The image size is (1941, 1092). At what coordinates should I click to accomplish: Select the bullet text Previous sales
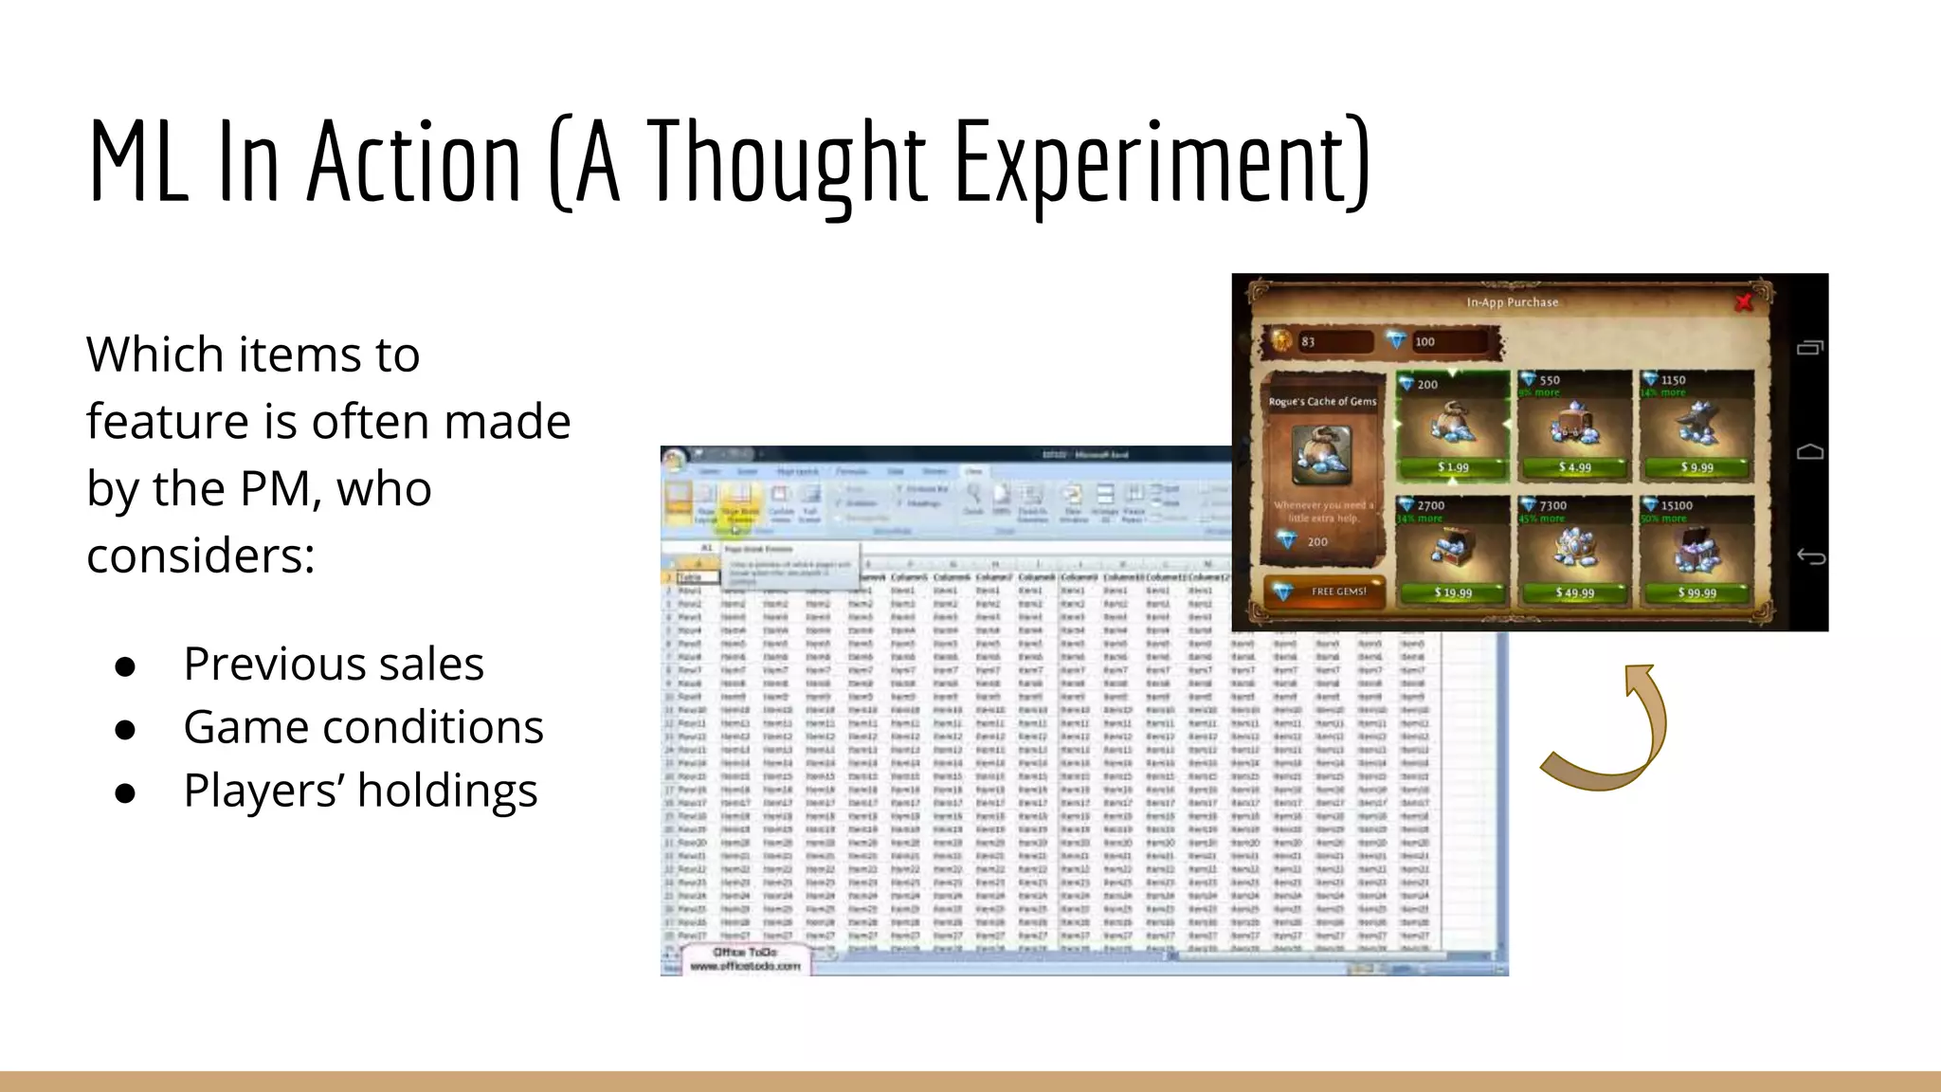click(334, 664)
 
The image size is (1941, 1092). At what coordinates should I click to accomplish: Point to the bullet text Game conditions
click(363, 727)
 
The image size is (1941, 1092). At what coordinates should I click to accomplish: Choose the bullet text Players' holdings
click(360, 791)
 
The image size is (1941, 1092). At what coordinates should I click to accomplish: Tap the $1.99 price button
click(1453, 467)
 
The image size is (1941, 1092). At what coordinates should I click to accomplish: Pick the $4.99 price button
click(1574, 467)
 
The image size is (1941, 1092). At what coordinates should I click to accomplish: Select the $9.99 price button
click(1696, 467)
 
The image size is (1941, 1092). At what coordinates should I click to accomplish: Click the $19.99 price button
click(1453, 593)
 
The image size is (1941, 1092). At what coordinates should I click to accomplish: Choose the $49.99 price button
click(1574, 593)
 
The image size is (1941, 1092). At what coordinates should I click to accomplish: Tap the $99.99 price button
click(1696, 593)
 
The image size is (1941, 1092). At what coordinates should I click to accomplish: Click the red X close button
click(1743, 302)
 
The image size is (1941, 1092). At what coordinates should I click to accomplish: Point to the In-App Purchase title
click(1512, 302)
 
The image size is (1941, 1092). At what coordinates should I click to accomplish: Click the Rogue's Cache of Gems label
click(1322, 402)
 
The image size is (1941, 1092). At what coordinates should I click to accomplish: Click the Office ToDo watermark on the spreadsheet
click(746, 958)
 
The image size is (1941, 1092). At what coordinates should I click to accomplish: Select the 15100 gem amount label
click(1676, 506)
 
